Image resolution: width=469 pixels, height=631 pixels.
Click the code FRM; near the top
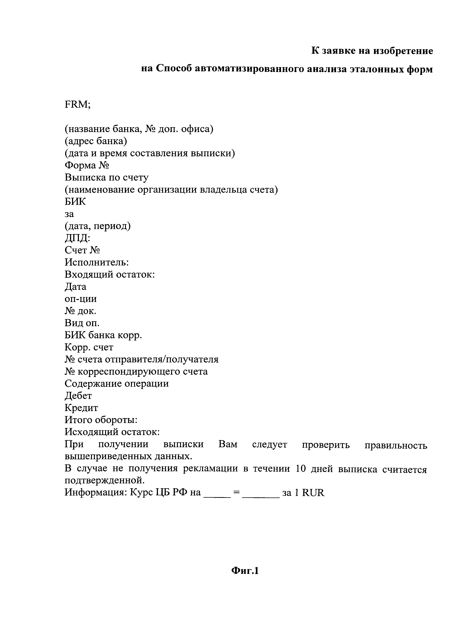click(x=77, y=105)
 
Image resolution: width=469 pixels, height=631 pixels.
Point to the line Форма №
click(x=87, y=165)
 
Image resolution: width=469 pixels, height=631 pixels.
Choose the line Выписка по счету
click(x=106, y=177)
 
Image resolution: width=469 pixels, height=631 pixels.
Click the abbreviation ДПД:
click(x=77, y=238)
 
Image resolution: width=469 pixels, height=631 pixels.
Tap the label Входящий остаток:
click(x=110, y=274)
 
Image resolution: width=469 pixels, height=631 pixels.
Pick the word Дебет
click(x=78, y=395)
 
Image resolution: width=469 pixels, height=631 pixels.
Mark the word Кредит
click(x=81, y=408)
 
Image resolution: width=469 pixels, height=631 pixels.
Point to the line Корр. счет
click(x=89, y=347)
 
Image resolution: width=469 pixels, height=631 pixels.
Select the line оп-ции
click(x=81, y=299)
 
